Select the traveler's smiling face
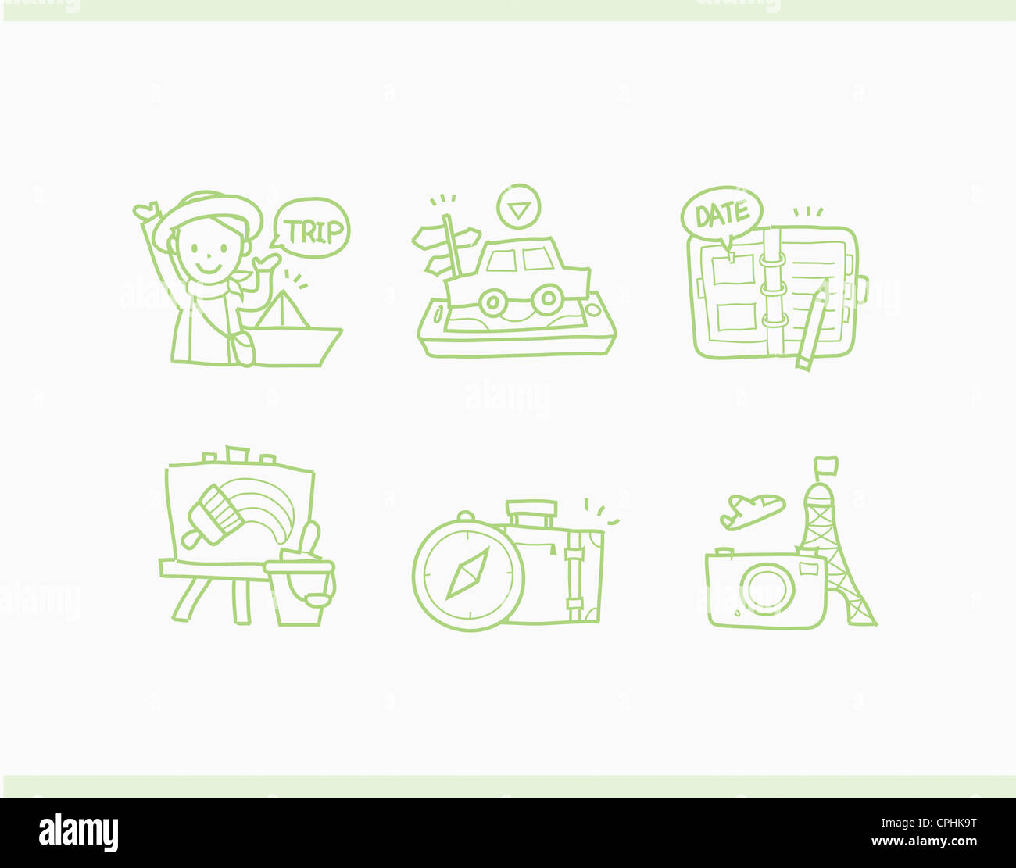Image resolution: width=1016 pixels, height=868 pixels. click(x=206, y=248)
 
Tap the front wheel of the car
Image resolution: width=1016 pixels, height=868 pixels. click(x=547, y=298)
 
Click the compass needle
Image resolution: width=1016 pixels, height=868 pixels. click(x=467, y=574)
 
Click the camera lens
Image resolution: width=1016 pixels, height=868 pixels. click(x=767, y=588)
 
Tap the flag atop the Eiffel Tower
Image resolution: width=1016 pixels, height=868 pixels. click(x=827, y=466)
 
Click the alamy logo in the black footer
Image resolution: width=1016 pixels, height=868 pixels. click(x=78, y=833)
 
